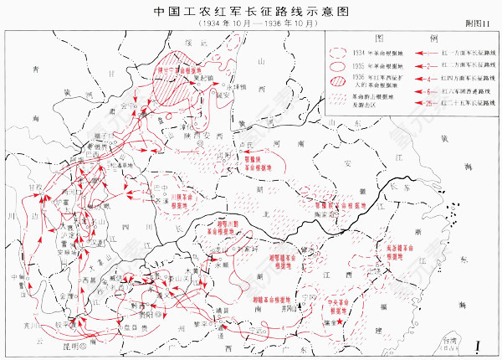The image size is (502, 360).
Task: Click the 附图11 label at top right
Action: [x=478, y=28]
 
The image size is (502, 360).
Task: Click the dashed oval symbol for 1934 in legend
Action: [x=339, y=52]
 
